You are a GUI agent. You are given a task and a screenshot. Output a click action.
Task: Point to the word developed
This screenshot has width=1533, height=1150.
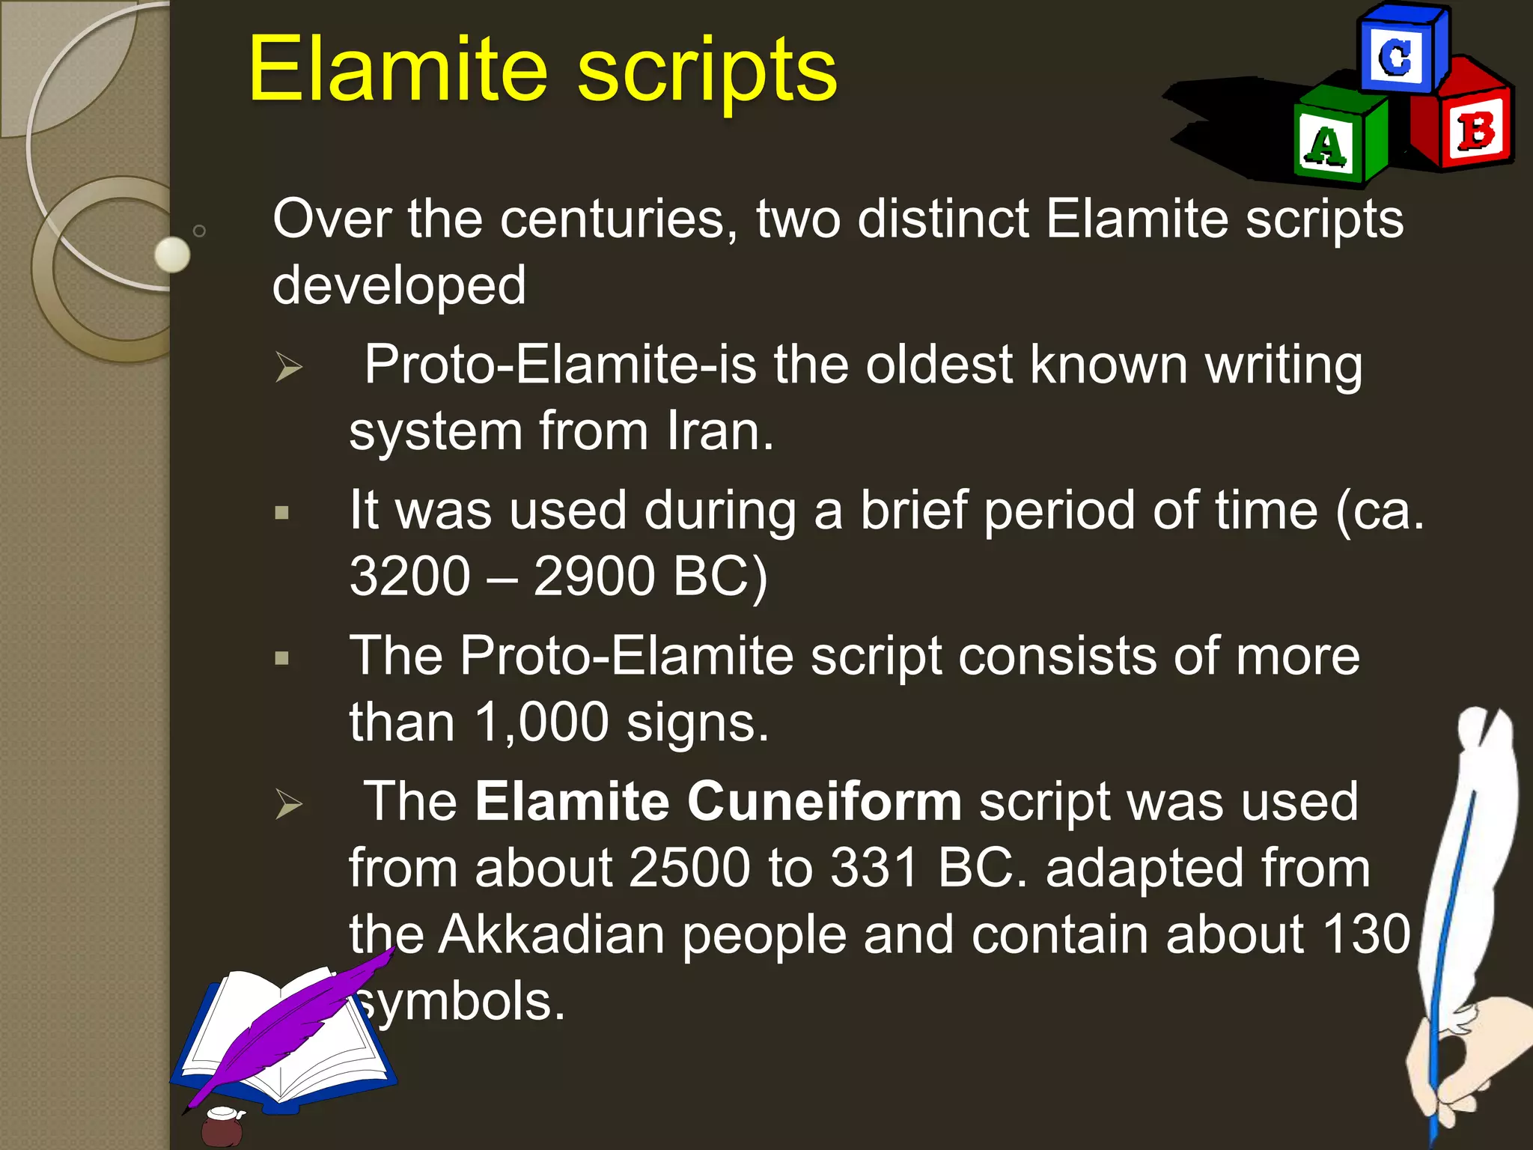click(x=399, y=285)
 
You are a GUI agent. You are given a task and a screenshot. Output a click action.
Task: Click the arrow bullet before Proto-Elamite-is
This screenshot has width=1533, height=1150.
click(x=288, y=367)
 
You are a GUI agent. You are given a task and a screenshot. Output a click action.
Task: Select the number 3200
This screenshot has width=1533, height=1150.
click(x=409, y=576)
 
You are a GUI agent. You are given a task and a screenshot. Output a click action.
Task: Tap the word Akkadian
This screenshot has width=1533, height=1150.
click(x=551, y=935)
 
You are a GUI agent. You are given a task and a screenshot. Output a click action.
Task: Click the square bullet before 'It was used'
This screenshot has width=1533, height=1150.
click(x=282, y=514)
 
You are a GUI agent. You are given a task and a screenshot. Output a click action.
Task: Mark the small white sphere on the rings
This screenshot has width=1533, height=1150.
click(x=173, y=255)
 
